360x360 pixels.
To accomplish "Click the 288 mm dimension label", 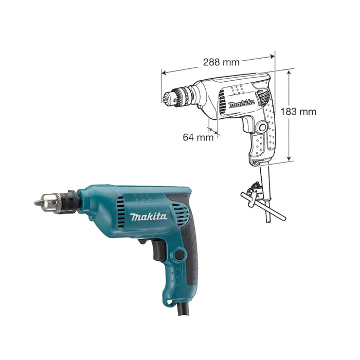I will (x=221, y=62).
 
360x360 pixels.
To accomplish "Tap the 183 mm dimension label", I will (x=299, y=112).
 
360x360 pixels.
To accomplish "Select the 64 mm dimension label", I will (x=197, y=137).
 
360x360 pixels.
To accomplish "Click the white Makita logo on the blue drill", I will (x=149, y=217).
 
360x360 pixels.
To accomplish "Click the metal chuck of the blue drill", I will (x=54, y=203).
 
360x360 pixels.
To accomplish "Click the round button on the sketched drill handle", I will (x=263, y=127).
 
